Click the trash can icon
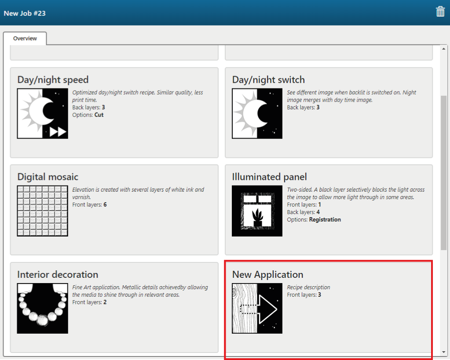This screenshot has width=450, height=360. (440, 12)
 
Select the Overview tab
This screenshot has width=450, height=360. (25, 38)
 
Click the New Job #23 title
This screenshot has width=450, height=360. (25, 14)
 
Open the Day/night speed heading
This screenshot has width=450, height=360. (53, 80)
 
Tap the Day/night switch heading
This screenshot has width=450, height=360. (268, 80)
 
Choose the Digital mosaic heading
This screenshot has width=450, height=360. (48, 177)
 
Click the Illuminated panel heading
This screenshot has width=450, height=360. (270, 177)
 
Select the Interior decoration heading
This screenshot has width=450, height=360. (58, 275)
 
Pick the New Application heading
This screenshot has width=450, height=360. (268, 275)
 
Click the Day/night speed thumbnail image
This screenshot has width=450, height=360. (43, 113)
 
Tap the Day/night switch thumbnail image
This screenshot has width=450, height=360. (257, 113)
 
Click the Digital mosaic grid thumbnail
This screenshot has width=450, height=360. (43, 211)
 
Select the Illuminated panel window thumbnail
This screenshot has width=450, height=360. (257, 211)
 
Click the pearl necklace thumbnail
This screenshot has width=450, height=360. (43, 309)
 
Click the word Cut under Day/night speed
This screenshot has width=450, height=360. (99, 115)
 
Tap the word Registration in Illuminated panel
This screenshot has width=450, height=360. (325, 220)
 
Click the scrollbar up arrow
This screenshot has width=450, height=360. (444, 49)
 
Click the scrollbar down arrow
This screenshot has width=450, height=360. (444, 352)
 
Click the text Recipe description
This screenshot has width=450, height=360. (308, 287)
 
